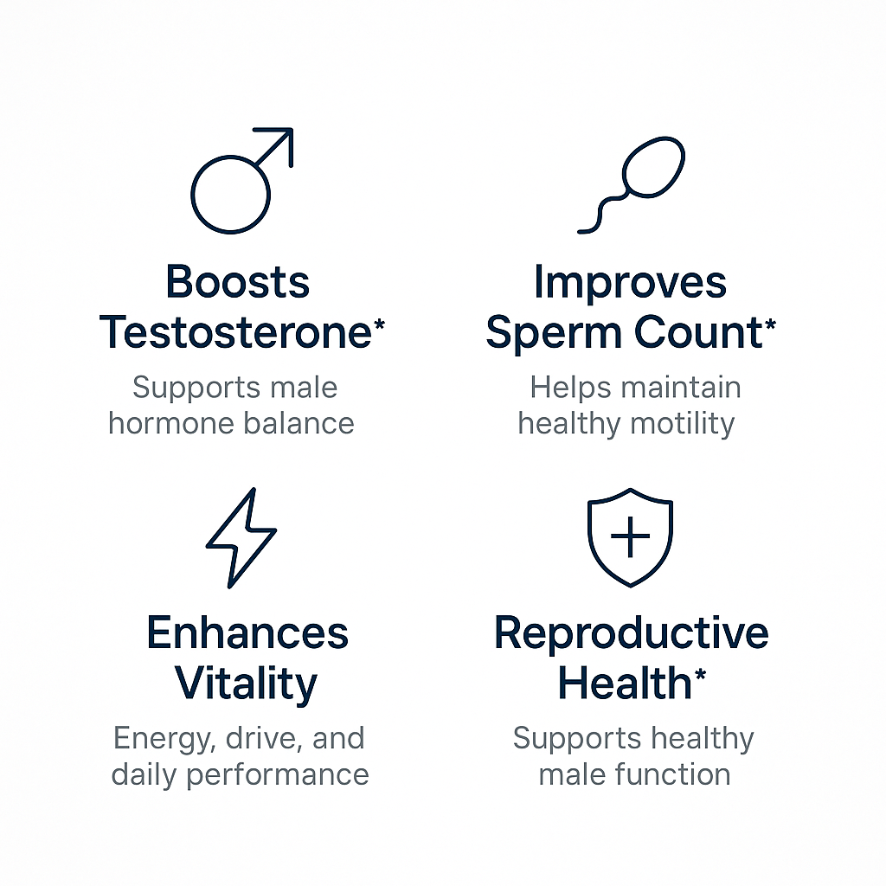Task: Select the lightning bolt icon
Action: tap(241, 537)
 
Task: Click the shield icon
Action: tap(630, 536)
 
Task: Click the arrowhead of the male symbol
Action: tap(281, 142)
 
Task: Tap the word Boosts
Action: tap(237, 282)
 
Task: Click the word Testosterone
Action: tap(235, 332)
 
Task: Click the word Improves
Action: tap(630, 282)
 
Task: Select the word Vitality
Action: tap(247, 684)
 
